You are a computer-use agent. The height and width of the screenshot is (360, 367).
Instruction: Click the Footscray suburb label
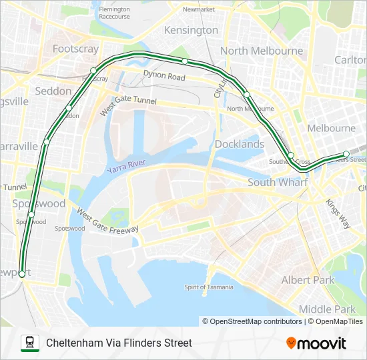[75, 49]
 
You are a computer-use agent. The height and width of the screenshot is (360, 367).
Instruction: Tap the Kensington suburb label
[191, 30]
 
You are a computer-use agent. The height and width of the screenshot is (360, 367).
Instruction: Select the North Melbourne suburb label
[262, 51]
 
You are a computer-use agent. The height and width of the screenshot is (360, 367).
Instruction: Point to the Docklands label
[240, 144]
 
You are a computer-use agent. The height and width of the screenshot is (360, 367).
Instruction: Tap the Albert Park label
[308, 280]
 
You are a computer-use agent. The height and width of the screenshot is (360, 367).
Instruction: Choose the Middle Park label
[327, 309]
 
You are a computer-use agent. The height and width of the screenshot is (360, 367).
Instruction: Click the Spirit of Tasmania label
[209, 287]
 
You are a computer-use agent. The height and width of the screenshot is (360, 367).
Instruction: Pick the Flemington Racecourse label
[115, 13]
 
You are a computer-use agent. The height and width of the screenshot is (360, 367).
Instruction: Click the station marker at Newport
[22, 274]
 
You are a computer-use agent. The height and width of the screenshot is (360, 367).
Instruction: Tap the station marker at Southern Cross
[291, 156]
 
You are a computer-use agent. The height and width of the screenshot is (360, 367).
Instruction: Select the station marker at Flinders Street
[346, 155]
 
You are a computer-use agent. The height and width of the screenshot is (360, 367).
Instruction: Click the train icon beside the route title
[29, 343]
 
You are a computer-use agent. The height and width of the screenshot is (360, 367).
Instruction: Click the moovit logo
[316, 343]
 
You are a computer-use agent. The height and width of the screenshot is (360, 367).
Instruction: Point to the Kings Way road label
[338, 214]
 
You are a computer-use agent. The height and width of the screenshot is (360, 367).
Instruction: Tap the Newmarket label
[199, 10]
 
